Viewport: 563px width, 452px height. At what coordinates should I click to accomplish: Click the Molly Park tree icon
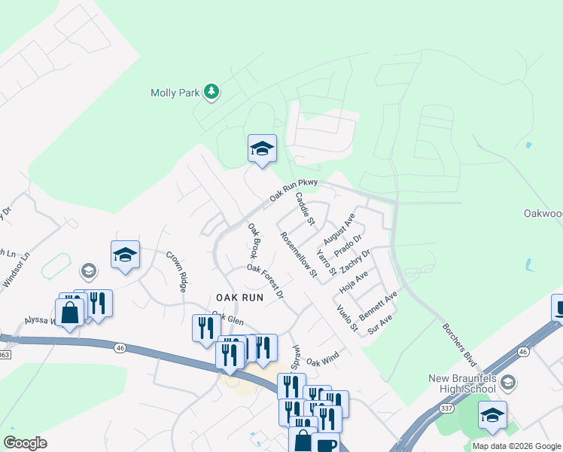pos(212,92)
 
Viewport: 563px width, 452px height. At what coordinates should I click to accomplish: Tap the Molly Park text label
pos(175,93)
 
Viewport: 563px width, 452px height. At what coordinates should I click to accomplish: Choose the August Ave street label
pos(339,228)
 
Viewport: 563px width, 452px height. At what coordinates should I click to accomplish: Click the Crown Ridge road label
pos(176,271)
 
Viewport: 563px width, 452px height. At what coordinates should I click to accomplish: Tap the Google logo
pos(25,443)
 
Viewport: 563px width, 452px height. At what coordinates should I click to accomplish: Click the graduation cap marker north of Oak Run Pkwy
pos(262,148)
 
